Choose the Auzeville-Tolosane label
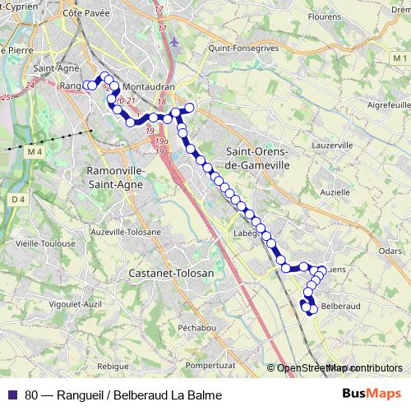click(x=126, y=233)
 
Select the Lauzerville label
click(x=333, y=144)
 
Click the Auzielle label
click(x=335, y=191)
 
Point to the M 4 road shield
click(x=33, y=152)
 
